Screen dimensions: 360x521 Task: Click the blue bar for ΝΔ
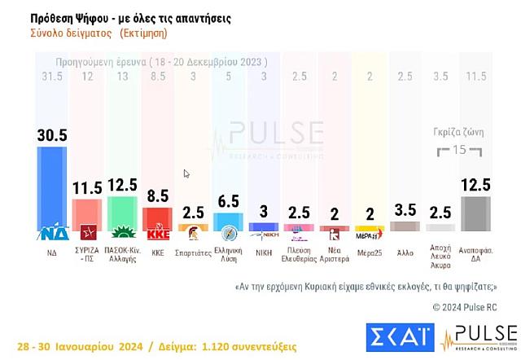coord(53,187)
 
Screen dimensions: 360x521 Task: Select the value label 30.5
coord(53,135)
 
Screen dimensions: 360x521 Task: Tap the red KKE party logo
coord(157,234)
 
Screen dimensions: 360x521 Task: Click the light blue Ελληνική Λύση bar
coord(229,221)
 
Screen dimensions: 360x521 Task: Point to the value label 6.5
coord(229,200)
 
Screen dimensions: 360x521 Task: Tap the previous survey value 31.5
coord(52,77)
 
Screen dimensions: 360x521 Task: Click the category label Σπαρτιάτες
coord(193,253)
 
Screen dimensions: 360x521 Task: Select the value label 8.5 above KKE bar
coord(157,196)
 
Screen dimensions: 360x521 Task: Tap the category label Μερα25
coord(370,253)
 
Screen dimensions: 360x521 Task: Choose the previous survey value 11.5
coord(475,77)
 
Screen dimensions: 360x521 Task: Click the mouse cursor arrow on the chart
coord(186,173)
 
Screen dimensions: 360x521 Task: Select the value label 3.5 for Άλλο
coord(405,209)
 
